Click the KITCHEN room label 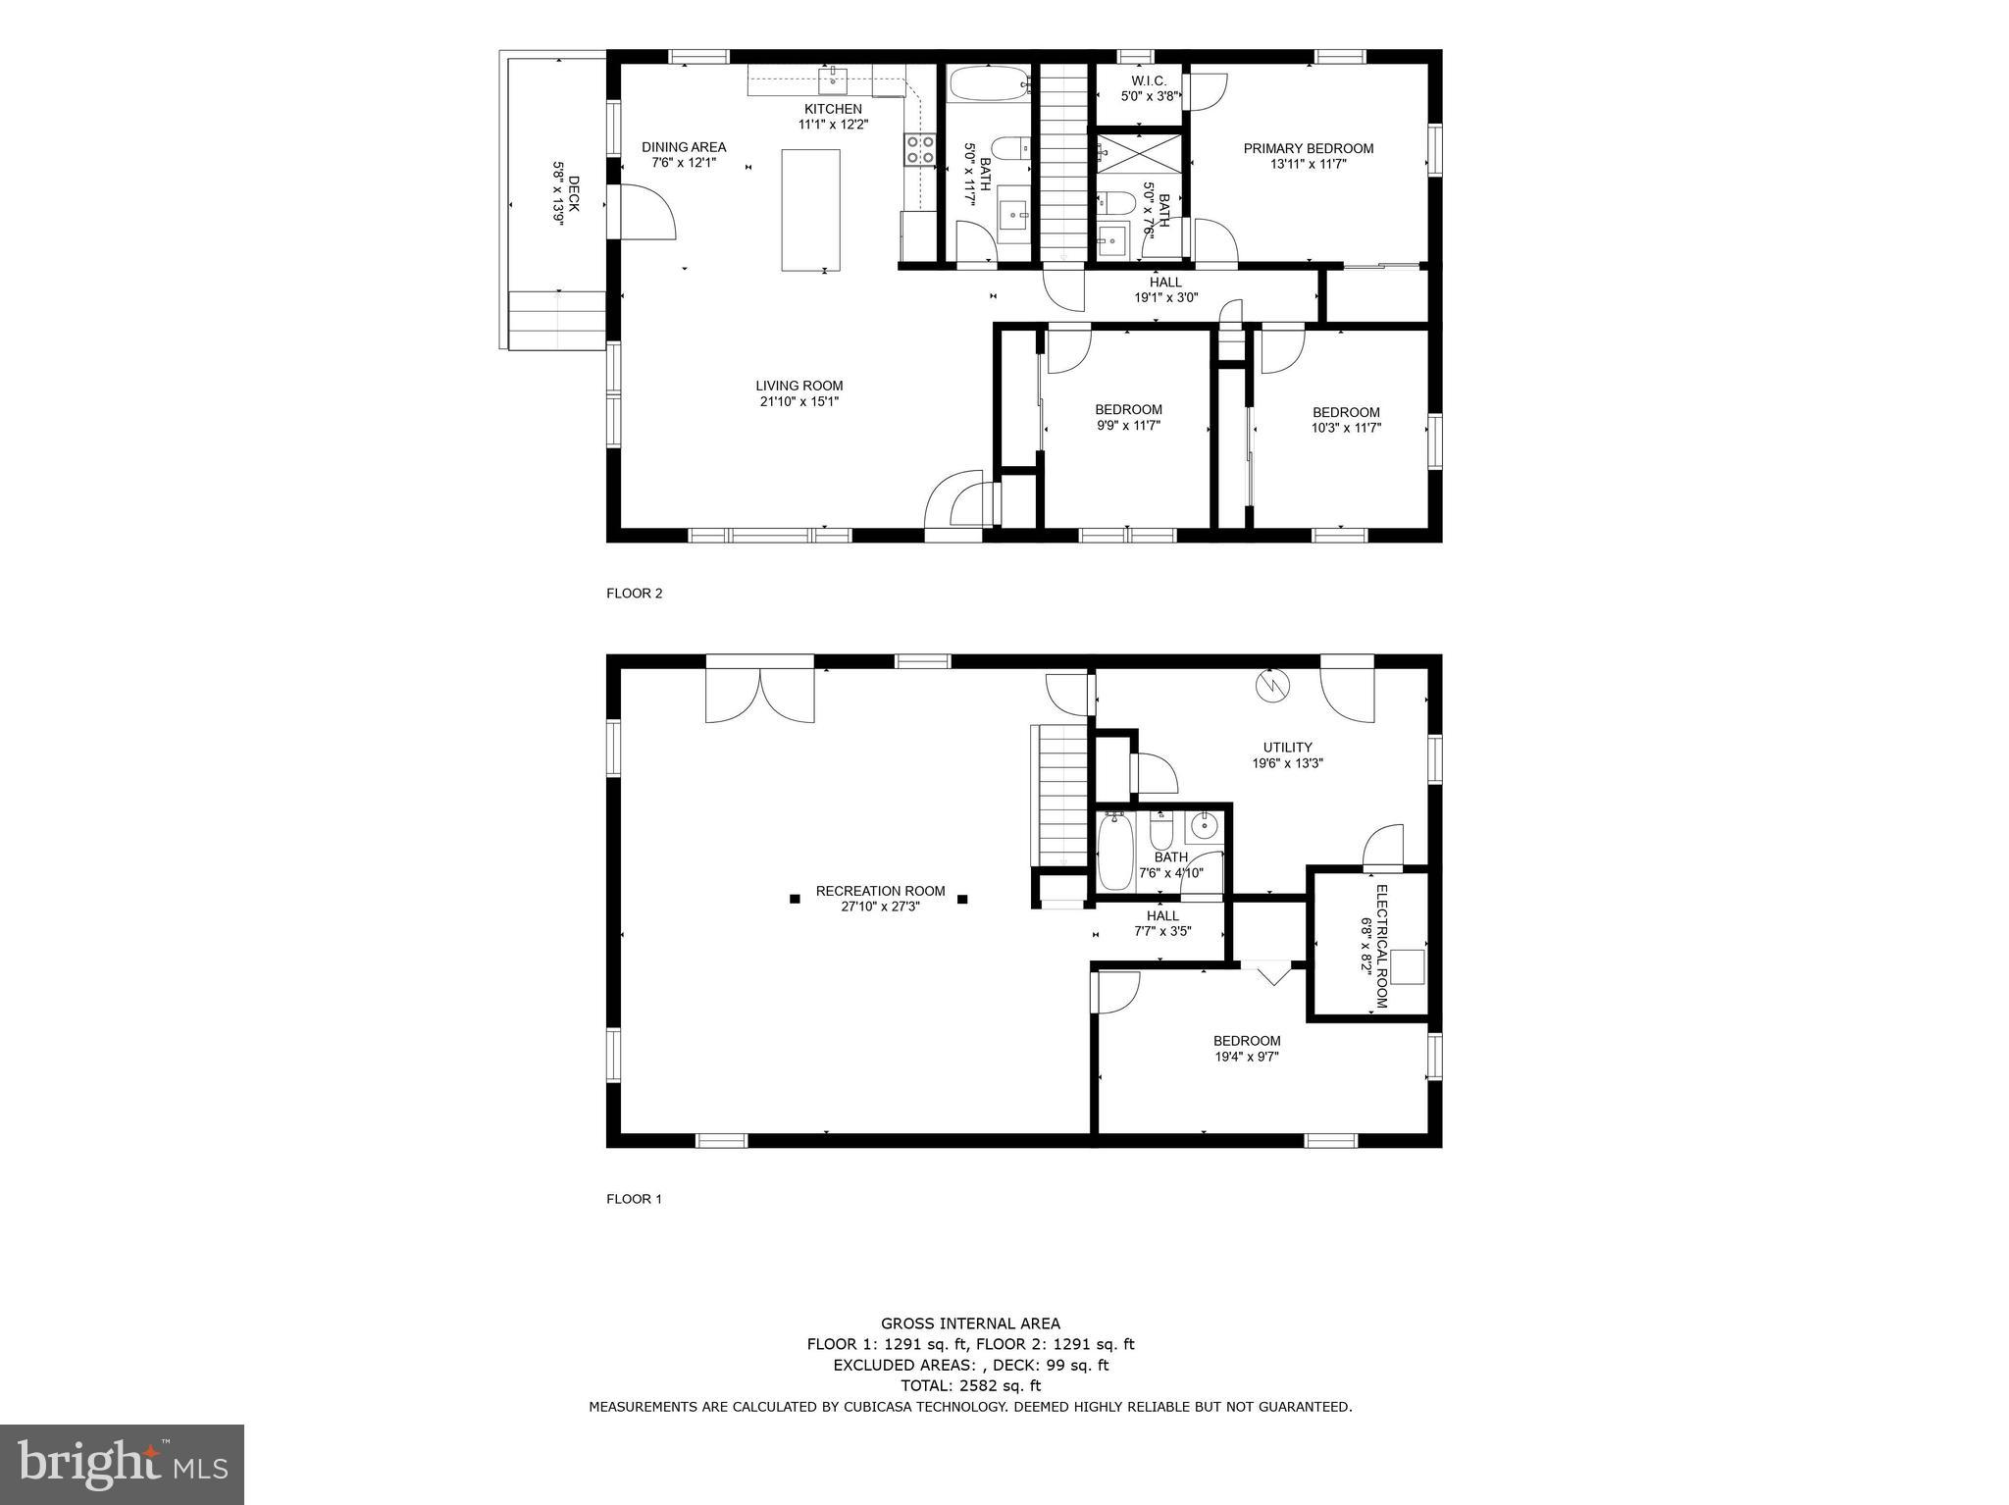[x=833, y=109]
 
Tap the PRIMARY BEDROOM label [x=1308, y=149]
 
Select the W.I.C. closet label [x=1148, y=80]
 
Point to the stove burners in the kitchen [x=919, y=149]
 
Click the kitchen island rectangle [x=810, y=210]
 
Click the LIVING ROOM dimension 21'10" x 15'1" [x=798, y=401]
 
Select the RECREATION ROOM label [x=880, y=892]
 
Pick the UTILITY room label [x=1287, y=748]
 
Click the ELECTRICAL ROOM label [x=1380, y=947]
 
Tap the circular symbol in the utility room [x=1272, y=686]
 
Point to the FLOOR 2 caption [x=634, y=594]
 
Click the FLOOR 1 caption [x=634, y=1199]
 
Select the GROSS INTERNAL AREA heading [x=969, y=1323]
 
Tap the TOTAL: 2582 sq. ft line [x=970, y=1386]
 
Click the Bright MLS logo [x=123, y=1464]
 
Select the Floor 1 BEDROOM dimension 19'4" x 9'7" [x=1246, y=1057]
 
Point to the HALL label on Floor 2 [x=1165, y=283]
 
